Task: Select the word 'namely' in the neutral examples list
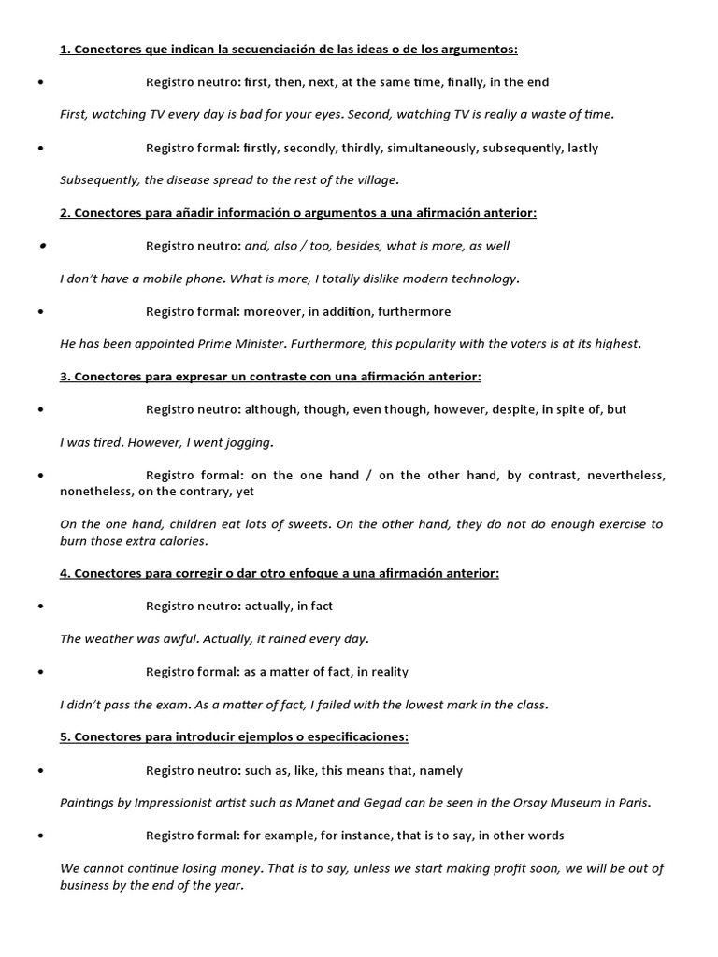point(440,770)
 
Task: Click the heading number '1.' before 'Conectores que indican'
point(65,50)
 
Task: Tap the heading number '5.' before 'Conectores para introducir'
point(65,737)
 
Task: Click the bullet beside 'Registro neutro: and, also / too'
point(42,246)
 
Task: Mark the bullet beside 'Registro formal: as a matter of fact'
point(42,672)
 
